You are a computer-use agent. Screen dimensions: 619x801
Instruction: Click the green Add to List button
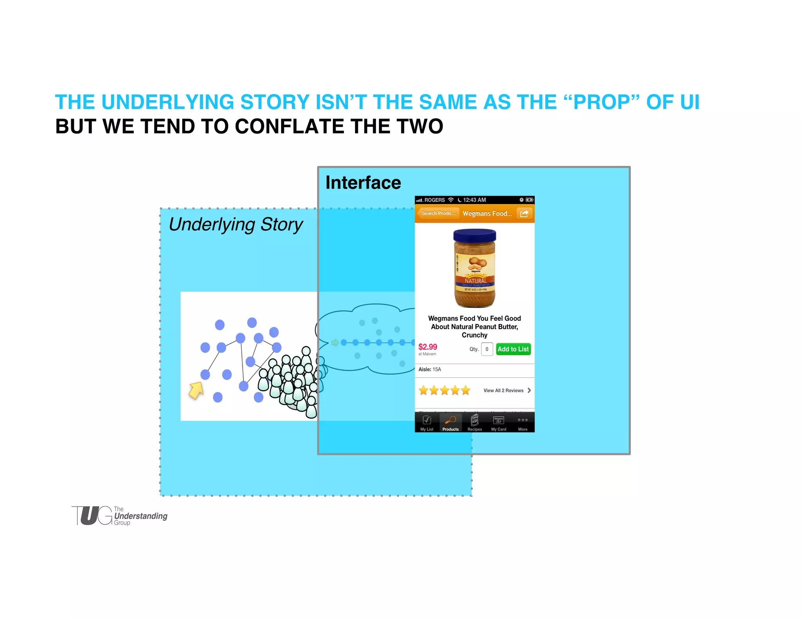(513, 349)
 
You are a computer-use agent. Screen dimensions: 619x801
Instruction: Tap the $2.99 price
(427, 347)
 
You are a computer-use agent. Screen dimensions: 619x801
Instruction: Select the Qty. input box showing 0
(487, 349)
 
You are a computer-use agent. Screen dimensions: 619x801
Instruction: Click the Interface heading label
(363, 183)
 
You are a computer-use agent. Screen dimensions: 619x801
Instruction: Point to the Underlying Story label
(235, 225)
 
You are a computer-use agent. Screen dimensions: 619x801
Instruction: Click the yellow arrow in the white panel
(196, 390)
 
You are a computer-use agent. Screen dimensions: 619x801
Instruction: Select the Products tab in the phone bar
(451, 423)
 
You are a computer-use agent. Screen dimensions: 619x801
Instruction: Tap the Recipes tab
(474, 423)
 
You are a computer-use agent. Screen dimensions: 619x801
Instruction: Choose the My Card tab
(499, 423)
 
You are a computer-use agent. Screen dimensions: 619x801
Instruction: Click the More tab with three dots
(523, 423)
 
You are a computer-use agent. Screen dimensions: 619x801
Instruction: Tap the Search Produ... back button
(438, 213)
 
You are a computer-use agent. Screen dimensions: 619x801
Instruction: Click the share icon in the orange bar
(524, 213)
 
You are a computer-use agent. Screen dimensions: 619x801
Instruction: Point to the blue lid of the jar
(474, 236)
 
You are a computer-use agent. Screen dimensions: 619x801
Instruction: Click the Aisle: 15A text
(429, 369)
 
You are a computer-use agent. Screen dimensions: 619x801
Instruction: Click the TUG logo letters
(92, 515)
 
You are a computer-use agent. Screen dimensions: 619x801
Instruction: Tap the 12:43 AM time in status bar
(474, 200)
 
